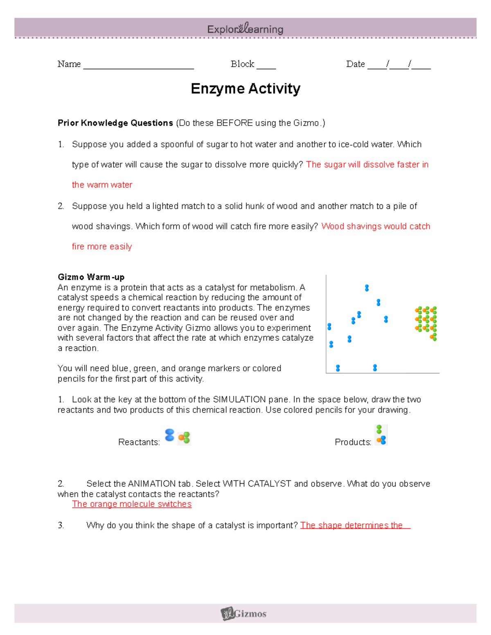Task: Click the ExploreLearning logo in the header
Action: (x=245, y=29)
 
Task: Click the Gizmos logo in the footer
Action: (x=244, y=613)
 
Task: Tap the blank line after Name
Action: (x=138, y=65)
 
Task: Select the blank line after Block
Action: (x=266, y=65)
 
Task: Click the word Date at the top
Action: (x=355, y=64)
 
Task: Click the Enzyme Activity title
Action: (x=245, y=89)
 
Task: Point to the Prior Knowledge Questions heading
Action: (x=115, y=123)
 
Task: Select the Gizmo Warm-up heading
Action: (x=91, y=277)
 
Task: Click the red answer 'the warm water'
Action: (x=102, y=185)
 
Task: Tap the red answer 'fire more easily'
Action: (x=102, y=247)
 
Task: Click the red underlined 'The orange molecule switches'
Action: (x=132, y=504)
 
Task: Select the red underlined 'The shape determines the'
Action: (x=352, y=525)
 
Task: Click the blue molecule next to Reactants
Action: (x=169, y=435)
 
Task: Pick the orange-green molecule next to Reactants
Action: (x=185, y=438)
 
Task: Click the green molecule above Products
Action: (x=379, y=429)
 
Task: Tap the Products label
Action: (x=353, y=442)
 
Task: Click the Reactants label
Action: (x=139, y=442)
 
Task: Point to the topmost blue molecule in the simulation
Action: (x=367, y=288)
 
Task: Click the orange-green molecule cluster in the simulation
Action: (x=426, y=321)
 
